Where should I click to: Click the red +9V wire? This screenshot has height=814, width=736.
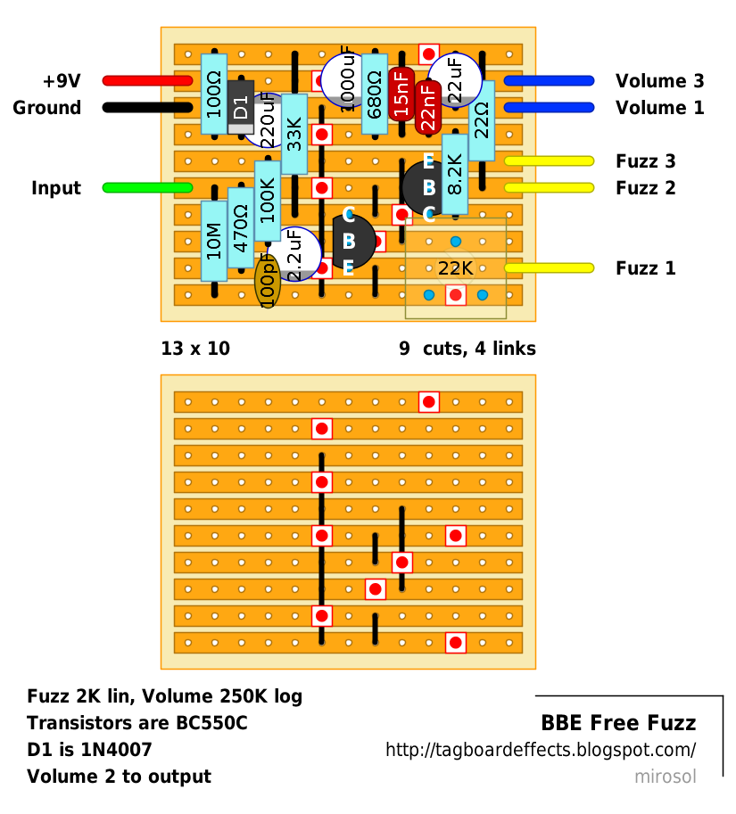point(147,81)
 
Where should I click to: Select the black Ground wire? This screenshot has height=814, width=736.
point(147,108)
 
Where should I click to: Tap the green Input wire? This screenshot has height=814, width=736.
point(147,187)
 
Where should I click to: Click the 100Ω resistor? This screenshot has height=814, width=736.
point(214,94)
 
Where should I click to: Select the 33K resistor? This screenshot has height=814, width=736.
point(294,134)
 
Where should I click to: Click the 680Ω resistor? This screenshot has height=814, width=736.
point(375,94)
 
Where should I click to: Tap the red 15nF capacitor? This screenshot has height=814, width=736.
point(401,94)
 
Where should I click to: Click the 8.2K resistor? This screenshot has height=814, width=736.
point(455,175)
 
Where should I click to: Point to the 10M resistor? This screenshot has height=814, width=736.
point(214,241)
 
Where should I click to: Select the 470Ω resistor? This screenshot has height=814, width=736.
point(241,227)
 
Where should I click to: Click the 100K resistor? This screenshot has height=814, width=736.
point(268,201)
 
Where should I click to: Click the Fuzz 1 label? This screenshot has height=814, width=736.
point(645,268)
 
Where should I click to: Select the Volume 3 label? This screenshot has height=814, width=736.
point(659,81)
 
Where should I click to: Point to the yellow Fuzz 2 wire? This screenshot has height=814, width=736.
point(549,188)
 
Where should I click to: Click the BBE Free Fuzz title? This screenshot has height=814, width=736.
point(618,723)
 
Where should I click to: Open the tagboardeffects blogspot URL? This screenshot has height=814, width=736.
point(541,750)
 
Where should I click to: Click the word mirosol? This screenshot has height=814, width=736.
point(665,777)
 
